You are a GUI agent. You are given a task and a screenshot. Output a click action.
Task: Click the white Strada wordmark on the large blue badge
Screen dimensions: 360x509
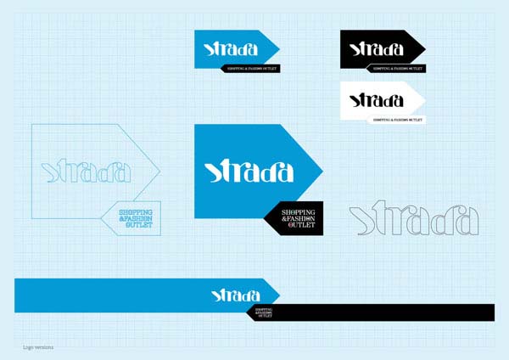249,171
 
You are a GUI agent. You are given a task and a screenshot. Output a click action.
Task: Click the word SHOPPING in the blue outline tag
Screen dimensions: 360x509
135,211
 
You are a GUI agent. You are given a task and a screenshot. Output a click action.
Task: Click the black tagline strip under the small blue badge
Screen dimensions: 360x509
251,67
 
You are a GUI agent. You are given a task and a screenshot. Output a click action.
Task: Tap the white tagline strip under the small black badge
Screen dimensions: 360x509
396,67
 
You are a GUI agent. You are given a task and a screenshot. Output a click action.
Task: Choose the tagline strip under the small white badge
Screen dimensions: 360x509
396,120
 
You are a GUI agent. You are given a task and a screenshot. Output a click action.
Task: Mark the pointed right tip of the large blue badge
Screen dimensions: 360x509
322,170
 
